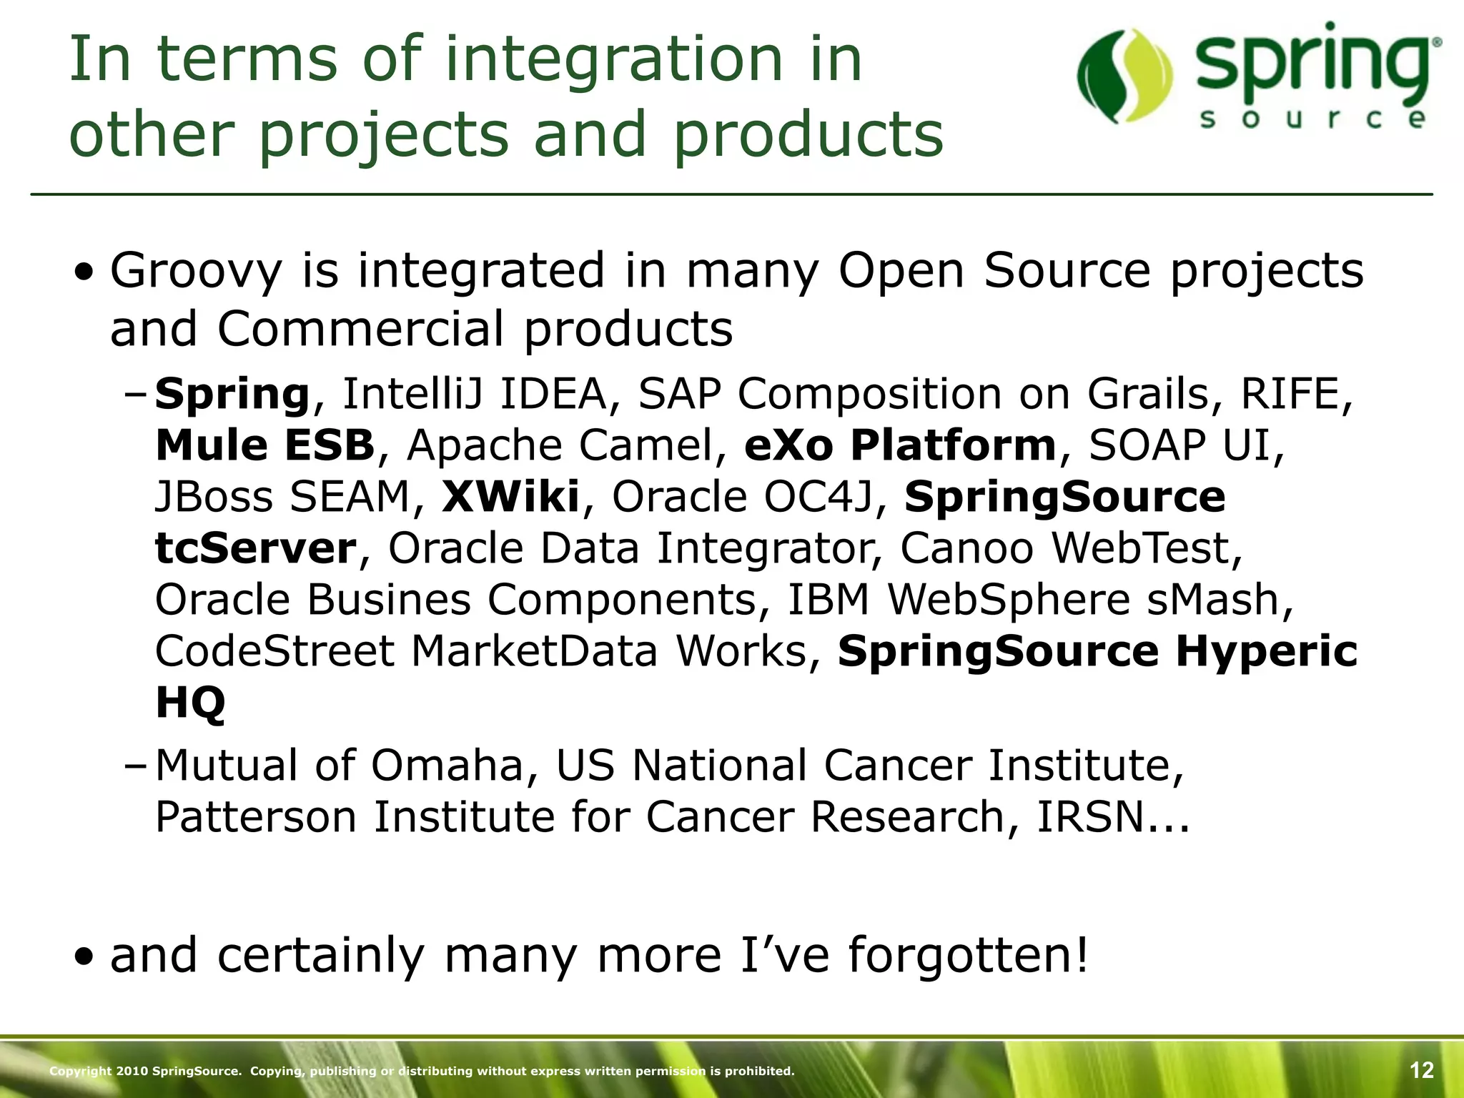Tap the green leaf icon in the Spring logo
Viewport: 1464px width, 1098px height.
coord(1124,76)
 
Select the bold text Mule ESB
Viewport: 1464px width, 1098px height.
coord(264,445)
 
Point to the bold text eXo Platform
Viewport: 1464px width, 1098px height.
coord(900,445)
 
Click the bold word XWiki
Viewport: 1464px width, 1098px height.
coord(510,497)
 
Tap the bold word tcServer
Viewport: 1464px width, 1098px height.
coord(255,548)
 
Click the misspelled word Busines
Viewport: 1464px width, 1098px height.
coord(389,600)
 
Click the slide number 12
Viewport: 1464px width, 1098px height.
coord(1421,1070)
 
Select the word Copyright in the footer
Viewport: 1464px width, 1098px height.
coord(80,1071)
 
